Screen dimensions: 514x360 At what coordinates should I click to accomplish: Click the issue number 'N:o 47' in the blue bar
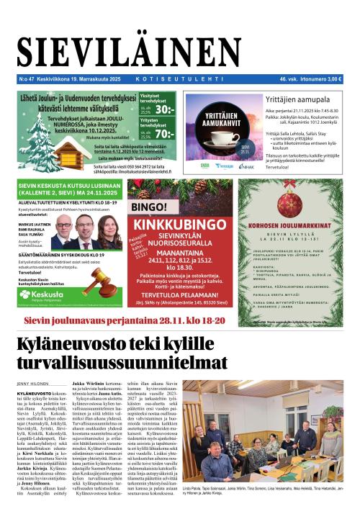[x=27, y=78]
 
